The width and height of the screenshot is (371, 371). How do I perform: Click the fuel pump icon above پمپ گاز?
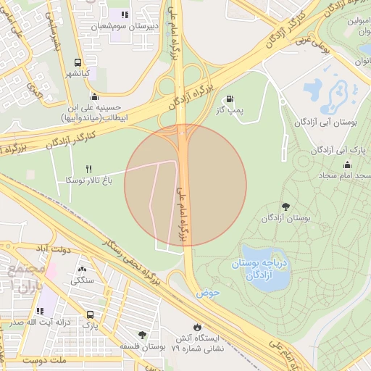[230, 99]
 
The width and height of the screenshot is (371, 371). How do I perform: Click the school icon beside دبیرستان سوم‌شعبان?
[125, 14]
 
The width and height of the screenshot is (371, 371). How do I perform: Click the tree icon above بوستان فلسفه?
[141, 334]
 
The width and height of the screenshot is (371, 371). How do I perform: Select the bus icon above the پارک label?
[90, 315]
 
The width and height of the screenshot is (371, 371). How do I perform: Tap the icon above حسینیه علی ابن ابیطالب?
[93, 97]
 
